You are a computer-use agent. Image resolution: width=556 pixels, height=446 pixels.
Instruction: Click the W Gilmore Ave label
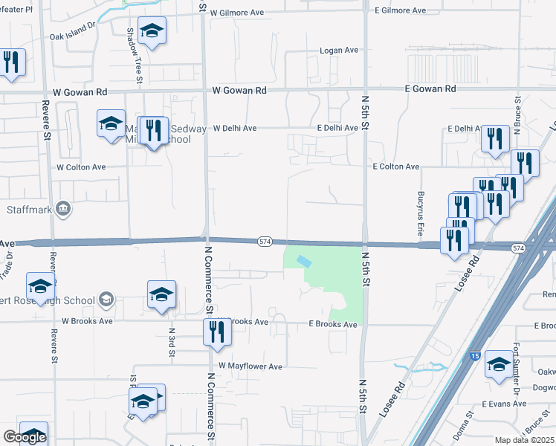click(236, 13)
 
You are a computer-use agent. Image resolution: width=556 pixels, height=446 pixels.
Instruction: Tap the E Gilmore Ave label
click(400, 10)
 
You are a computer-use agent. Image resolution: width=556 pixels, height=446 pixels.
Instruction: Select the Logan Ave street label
click(339, 51)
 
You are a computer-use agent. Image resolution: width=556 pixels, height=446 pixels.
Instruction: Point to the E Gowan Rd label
click(430, 88)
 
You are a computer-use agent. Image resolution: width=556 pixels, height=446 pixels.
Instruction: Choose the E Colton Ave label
click(396, 167)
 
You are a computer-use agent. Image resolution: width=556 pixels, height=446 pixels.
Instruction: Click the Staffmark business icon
click(63, 209)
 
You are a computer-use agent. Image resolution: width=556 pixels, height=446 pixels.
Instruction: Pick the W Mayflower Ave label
click(250, 366)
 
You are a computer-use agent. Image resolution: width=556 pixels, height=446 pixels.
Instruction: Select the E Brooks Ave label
click(333, 325)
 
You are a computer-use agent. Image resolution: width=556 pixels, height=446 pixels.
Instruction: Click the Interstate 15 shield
click(475, 357)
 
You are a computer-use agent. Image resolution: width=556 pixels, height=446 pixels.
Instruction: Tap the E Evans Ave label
click(503, 404)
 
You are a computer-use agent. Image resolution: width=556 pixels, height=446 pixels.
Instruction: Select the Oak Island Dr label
click(73, 30)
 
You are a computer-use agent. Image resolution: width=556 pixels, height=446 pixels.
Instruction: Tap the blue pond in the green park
click(304, 262)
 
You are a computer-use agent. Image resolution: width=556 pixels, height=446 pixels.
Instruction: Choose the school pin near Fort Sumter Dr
click(500, 364)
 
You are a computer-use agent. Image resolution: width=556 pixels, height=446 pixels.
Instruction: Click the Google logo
click(25, 437)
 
